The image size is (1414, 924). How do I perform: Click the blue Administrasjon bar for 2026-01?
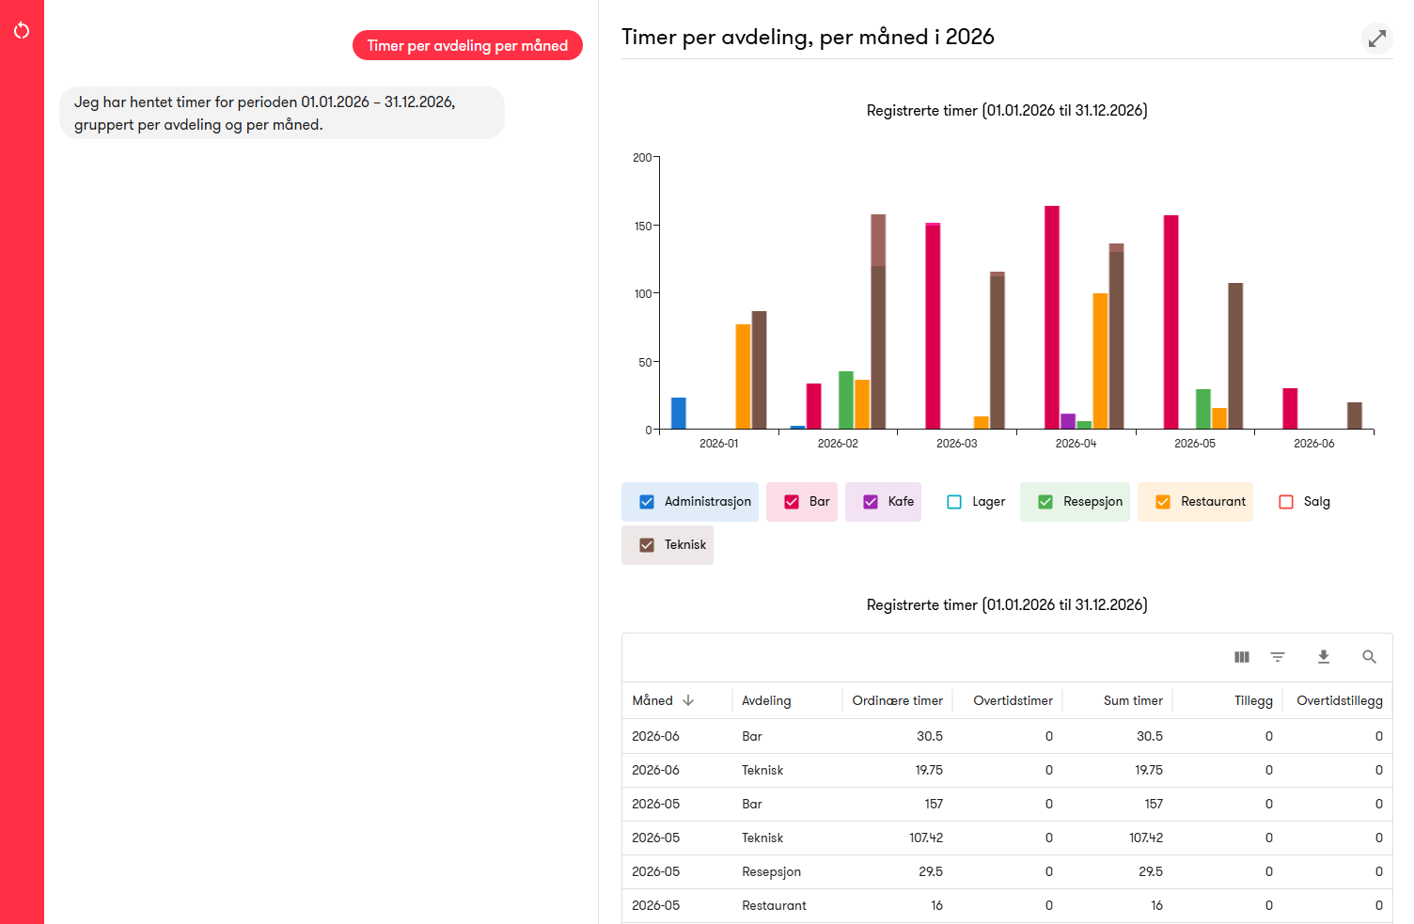click(x=678, y=414)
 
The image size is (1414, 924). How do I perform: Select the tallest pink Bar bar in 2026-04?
click(x=1052, y=318)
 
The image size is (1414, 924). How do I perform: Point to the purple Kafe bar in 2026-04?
click(x=1068, y=422)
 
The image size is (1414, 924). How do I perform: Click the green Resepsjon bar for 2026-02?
click(x=846, y=400)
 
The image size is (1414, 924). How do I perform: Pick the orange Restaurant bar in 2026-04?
click(x=1100, y=361)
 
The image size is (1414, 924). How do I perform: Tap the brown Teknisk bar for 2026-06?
click(x=1355, y=415)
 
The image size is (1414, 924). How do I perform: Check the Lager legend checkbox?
click(x=954, y=502)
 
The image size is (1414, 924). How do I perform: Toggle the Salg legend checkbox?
click(x=1286, y=502)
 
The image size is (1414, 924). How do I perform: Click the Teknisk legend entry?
click(x=668, y=544)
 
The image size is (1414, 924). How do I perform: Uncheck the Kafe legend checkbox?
click(x=871, y=502)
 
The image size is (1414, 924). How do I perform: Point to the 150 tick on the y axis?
click(x=643, y=226)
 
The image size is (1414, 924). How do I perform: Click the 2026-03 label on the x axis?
click(x=956, y=443)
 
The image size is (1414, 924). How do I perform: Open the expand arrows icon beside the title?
click(x=1376, y=39)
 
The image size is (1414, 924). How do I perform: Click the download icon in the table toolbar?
click(x=1324, y=657)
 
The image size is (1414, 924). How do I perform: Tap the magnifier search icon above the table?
click(x=1369, y=657)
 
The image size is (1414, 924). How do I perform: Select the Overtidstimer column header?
click(x=1013, y=700)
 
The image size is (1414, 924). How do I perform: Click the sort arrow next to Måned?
click(x=688, y=700)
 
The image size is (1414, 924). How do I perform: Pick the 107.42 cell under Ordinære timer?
click(x=926, y=838)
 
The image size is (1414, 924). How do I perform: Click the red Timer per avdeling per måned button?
click(x=467, y=45)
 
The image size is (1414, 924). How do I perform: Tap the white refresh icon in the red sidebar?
click(x=22, y=30)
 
